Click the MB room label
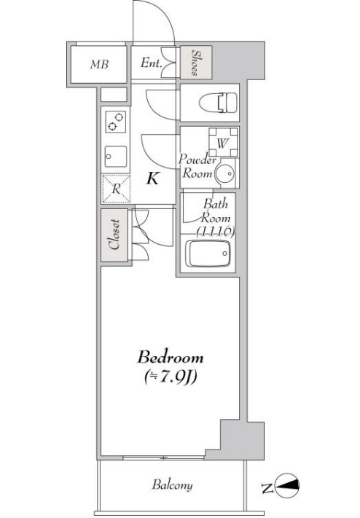coord(99,64)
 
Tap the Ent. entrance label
coord(151,63)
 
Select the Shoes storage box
coord(196,63)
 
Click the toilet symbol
coord(218,102)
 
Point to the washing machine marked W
coord(223,142)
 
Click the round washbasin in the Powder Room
coord(224,173)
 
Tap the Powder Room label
coord(197,166)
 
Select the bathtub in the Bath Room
coord(208,254)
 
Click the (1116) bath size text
coord(216,232)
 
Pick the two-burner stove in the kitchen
coord(116,122)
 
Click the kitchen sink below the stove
coord(116,156)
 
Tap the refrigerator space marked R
coord(116,189)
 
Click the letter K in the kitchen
coord(152,178)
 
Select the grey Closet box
coord(114,235)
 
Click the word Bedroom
coord(171,358)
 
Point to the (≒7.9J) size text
coord(171,377)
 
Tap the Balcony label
coord(172,485)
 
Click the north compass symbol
coord(287,485)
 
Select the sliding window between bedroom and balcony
coord(164,458)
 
